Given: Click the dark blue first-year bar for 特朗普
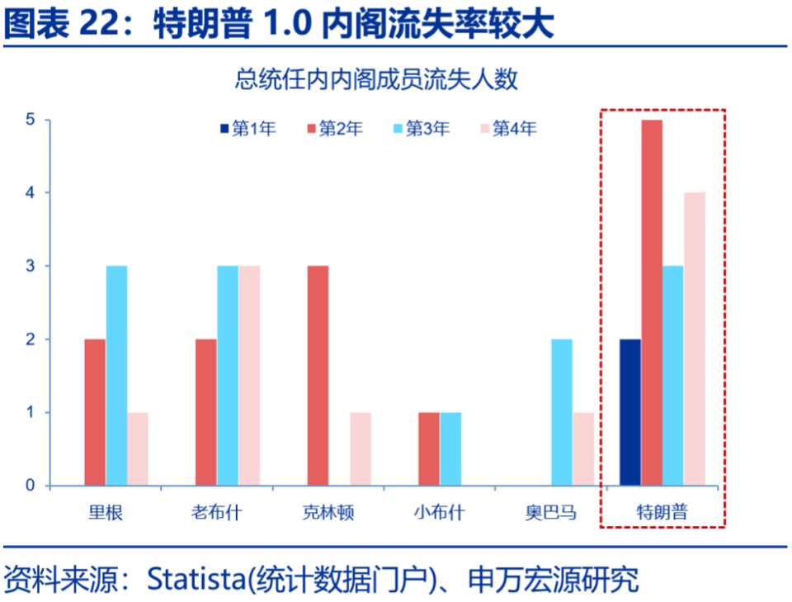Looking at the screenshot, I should point(630,412).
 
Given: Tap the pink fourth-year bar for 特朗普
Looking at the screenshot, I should point(695,339).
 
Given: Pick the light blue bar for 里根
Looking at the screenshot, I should point(116,375).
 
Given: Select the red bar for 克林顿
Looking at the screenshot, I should point(318,375).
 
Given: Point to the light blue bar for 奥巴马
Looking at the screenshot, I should point(561,412).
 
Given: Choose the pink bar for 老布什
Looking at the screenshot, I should point(250,375).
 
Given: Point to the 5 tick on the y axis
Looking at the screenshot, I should point(30,120).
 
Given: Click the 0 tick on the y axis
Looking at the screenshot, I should point(30,486).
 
